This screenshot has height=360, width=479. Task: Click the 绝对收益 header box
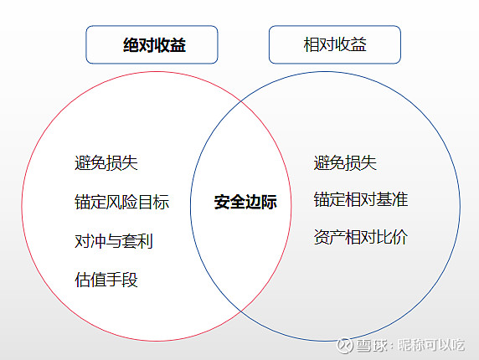tap(152, 44)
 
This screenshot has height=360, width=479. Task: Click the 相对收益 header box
tap(335, 44)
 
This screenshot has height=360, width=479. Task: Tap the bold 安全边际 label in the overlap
tap(245, 202)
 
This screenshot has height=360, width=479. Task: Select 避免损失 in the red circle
tap(106, 162)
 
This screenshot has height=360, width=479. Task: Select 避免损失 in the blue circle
tap(345, 162)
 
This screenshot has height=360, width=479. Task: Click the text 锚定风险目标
tap(122, 202)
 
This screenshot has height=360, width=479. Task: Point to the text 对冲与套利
tap(114, 241)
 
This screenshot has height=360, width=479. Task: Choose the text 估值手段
tap(106, 280)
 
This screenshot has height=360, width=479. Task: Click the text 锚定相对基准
tap(361, 200)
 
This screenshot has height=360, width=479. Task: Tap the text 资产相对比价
tap(361, 237)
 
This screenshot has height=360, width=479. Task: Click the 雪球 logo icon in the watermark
tap(345, 345)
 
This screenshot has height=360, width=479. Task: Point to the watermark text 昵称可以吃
tap(431, 345)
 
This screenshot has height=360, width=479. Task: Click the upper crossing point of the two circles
tap(241, 100)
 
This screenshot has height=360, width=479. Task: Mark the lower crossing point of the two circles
tap(241, 311)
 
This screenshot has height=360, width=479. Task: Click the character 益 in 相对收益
tap(358, 44)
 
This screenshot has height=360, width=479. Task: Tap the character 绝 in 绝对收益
tap(131, 45)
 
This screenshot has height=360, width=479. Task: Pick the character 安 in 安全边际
tap(222, 202)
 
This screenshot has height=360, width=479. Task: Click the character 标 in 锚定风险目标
tap(162, 202)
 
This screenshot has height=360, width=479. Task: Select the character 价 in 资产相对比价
tap(400, 237)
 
